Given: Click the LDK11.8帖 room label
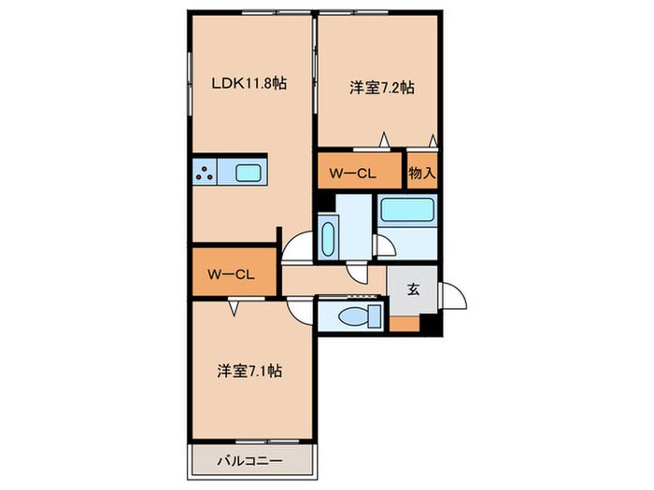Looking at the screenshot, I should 247,83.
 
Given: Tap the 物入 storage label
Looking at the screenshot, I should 422,174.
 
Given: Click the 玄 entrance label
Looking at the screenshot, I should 412,288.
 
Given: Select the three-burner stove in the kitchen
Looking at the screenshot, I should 206,172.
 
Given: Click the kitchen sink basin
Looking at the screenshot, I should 249,173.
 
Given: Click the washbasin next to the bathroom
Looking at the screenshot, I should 328,238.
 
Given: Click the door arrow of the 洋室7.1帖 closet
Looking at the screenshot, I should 236,305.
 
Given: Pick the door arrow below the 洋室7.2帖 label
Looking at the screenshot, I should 383,140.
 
